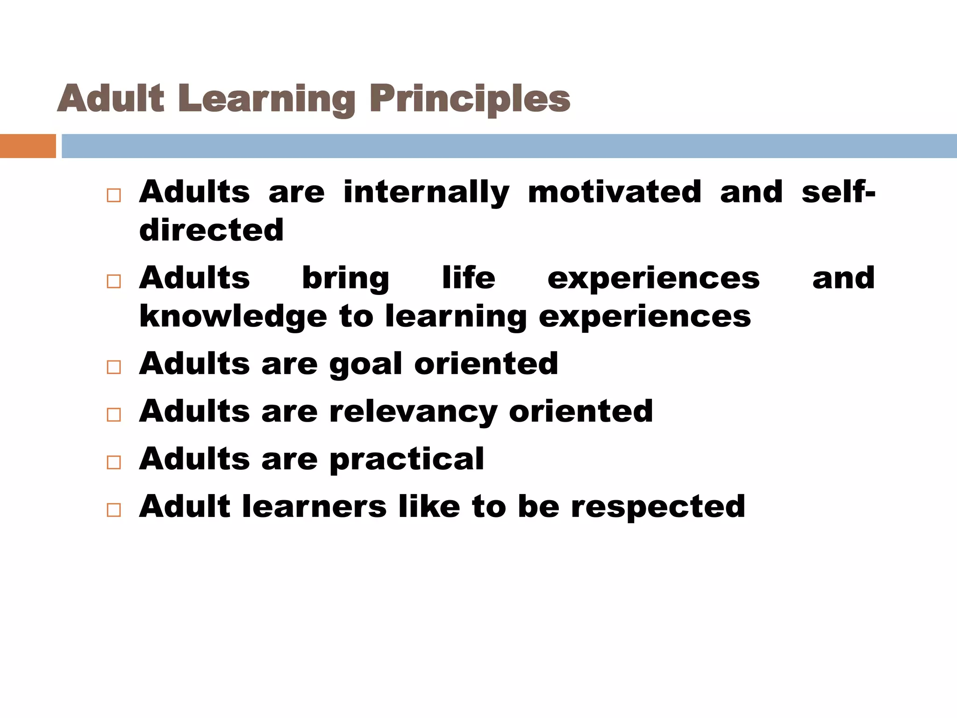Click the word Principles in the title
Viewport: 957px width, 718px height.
[x=470, y=99]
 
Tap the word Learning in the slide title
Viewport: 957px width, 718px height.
[x=266, y=99]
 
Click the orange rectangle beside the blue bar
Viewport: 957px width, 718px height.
[x=28, y=146]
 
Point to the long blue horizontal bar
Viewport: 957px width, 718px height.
[x=509, y=146]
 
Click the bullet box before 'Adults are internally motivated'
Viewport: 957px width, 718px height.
[x=114, y=195]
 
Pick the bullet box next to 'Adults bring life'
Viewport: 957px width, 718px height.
[x=114, y=281]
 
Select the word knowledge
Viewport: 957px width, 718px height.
[x=233, y=316]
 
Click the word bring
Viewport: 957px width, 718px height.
[x=345, y=278]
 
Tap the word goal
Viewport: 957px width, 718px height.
[x=365, y=365]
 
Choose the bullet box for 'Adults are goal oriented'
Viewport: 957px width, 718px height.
[x=114, y=367]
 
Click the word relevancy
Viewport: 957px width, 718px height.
[x=413, y=412]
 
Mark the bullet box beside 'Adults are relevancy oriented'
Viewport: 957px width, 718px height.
[x=114, y=415]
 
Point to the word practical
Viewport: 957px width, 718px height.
[x=407, y=460]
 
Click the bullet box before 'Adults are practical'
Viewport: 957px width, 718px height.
[x=114, y=462]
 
